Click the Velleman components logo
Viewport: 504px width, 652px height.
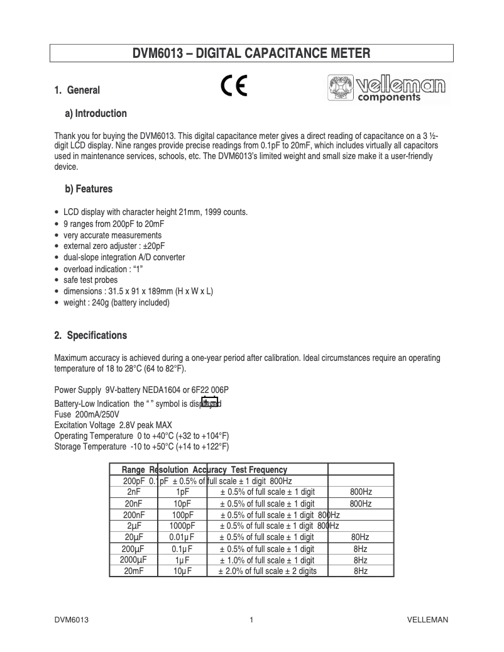click(386, 89)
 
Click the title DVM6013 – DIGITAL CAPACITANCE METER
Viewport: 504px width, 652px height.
click(251, 53)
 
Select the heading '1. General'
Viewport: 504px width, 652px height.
click(77, 91)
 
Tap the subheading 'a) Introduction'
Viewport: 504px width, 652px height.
click(96, 114)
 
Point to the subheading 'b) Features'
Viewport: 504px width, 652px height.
click(89, 189)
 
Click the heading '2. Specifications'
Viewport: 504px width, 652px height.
click(90, 335)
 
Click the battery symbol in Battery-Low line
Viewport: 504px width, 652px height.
click(209, 402)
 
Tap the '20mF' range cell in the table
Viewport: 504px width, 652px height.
click(133, 571)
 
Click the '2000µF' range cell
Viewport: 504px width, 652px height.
click(133, 560)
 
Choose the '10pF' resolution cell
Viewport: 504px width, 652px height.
click(182, 504)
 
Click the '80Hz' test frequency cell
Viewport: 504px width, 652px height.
click(360, 537)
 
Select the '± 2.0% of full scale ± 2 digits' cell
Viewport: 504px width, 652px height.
click(268, 571)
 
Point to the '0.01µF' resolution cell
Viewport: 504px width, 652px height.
click(182, 537)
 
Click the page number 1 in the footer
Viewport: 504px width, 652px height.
click(251, 620)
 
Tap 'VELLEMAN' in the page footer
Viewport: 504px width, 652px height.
click(427, 620)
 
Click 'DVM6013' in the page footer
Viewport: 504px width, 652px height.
click(70, 620)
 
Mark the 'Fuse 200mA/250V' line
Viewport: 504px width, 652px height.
click(91, 415)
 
